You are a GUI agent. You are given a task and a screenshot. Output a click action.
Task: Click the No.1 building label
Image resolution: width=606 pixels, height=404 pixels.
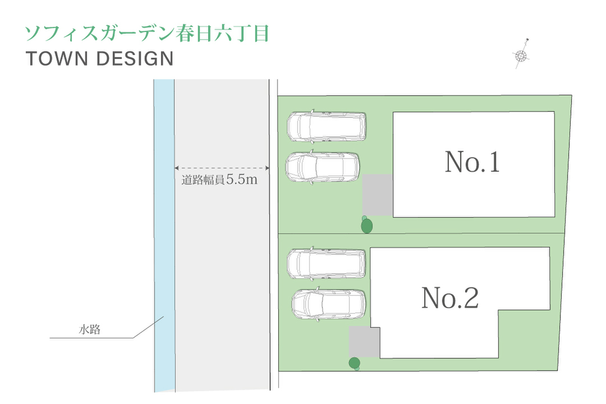pyautogui.click(x=472, y=162)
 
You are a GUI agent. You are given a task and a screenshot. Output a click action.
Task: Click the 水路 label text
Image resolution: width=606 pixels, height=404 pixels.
pyautogui.click(x=89, y=330)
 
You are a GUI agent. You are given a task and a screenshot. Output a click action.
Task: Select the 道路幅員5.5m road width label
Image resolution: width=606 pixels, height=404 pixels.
pyautogui.click(x=220, y=180)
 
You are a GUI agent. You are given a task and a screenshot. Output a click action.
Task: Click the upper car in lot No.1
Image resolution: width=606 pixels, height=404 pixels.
pyautogui.click(x=326, y=126)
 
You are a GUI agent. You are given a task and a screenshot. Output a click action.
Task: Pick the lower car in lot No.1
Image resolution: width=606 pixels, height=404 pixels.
pyautogui.click(x=324, y=167)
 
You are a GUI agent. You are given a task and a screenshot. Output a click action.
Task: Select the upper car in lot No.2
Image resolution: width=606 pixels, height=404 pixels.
pyautogui.click(x=326, y=263)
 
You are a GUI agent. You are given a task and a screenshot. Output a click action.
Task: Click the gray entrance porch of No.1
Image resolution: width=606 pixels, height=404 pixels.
pyautogui.click(x=377, y=195)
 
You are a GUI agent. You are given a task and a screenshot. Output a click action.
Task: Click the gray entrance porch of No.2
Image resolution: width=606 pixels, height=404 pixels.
pyautogui.click(x=364, y=341)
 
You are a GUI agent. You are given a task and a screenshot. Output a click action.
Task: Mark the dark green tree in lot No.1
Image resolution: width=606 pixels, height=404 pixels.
pyautogui.click(x=367, y=225)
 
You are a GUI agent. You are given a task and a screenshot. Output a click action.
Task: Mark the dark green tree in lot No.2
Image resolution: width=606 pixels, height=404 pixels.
pyautogui.click(x=355, y=363)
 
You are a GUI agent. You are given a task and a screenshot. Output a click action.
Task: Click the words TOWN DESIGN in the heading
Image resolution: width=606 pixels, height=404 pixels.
pyautogui.click(x=99, y=59)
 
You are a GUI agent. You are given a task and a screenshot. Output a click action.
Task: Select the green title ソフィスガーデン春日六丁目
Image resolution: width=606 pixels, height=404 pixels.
pyautogui.click(x=146, y=33)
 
